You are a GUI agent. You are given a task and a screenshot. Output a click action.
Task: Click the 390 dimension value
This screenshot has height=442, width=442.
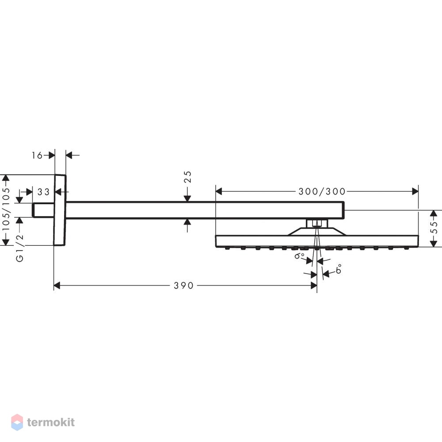coord(183,286)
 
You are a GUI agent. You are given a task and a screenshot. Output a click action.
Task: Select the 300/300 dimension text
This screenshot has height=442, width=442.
coord(322,192)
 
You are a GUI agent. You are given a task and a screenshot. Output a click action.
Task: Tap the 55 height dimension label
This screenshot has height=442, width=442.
coord(434,227)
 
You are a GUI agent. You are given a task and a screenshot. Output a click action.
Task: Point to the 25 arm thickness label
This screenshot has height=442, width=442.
coord(188,177)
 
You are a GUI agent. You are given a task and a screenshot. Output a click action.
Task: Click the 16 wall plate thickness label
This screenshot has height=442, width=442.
coord(37,155)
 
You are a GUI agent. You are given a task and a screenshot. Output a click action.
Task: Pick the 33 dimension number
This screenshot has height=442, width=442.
coord(43,192)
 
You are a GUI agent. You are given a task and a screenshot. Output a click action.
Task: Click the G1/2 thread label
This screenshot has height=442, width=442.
coord(19,248)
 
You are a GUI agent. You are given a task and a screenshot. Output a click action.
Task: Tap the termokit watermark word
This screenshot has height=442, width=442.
coord(51,422)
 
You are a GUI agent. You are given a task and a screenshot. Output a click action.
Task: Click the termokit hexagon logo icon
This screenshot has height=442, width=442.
coord(17,422)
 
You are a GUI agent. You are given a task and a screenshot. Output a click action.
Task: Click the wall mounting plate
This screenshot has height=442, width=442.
coord(60,210)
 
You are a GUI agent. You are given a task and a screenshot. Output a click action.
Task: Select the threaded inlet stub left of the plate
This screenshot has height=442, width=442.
coord(43,210)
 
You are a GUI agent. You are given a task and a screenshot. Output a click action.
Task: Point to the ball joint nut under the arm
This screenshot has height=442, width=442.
coord(317,224)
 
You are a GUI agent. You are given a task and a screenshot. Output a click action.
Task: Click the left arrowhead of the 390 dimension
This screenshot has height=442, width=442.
coord(57,286)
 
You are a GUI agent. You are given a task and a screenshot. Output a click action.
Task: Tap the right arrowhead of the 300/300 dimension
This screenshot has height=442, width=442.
coord(415,191)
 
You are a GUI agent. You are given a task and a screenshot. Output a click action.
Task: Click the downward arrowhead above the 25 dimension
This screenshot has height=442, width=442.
coord(187,198)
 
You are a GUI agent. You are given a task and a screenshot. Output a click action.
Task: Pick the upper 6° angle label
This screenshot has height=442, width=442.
coord(299,255)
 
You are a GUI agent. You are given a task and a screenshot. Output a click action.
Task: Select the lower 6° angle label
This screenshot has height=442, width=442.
coord(339,269)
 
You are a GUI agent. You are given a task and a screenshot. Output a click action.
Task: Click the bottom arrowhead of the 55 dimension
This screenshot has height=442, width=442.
coord(434,243)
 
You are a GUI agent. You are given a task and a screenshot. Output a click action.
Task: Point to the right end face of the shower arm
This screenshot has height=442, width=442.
coord(344,210)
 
